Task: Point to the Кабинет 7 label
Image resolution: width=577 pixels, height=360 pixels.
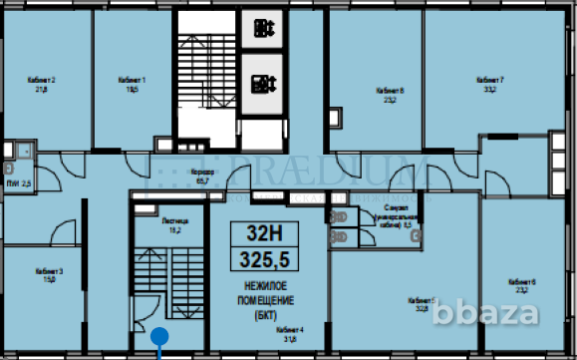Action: [x=488, y=78]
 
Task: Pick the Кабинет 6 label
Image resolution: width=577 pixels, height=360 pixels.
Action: [x=522, y=282]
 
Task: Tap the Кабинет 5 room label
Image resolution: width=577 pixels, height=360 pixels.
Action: [x=423, y=299]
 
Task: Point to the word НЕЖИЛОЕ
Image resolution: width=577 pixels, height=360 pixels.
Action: [x=257, y=288]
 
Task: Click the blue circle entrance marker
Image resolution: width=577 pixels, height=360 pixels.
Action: [x=157, y=337]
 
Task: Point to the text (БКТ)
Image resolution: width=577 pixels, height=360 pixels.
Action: [x=257, y=316]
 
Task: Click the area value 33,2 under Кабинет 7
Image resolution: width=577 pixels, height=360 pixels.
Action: [x=488, y=88]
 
